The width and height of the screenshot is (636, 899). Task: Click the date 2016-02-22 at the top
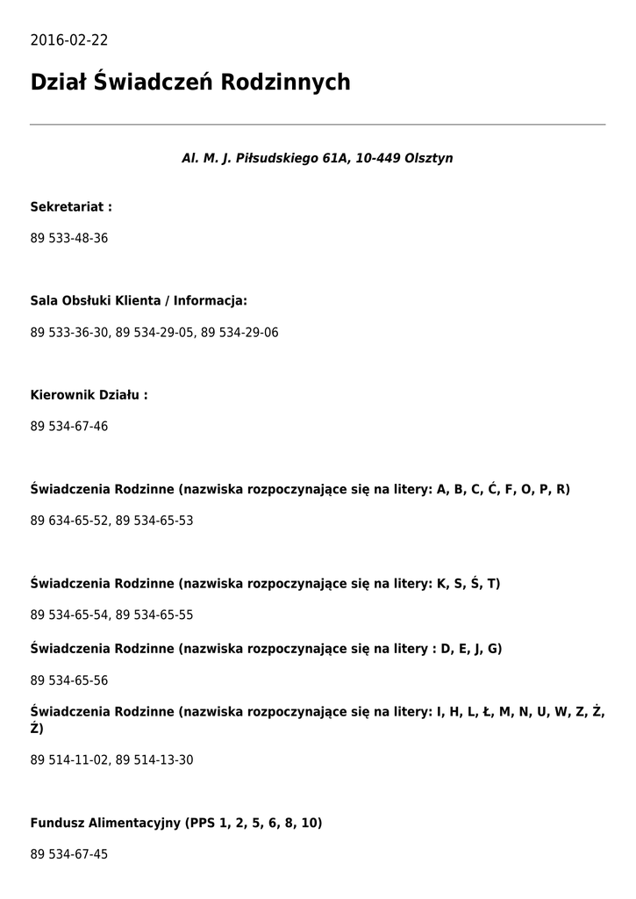click(69, 40)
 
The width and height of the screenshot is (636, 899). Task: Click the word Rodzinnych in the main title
click(285, 83)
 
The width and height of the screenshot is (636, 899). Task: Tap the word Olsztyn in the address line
click(429, 159)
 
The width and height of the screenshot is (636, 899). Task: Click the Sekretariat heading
click(71, 207)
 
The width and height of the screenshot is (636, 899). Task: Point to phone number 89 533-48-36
click(69, 239)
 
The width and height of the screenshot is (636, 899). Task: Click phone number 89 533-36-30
click(69, 333)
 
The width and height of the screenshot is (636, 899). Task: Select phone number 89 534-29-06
click(239, 333)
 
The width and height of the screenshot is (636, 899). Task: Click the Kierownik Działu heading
click(89, 395)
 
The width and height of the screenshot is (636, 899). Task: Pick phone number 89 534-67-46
click(69, 427)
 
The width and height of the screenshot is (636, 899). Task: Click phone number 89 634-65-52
click(69, 521)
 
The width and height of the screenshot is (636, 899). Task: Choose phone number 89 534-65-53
click(154, 521)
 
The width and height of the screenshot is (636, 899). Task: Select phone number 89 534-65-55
click(154, 615)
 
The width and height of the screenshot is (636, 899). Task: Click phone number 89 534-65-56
click(69, 680)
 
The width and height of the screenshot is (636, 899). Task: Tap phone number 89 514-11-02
click(69, 760)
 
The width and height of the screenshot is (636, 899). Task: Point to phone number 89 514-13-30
click(154, 760)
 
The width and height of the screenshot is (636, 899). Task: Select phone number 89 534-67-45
click(69, 854)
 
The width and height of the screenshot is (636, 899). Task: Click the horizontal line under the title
click(318, 125)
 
